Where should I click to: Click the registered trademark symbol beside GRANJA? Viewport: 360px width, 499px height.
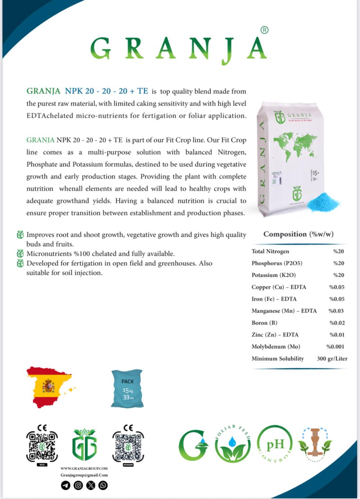coord(264,30)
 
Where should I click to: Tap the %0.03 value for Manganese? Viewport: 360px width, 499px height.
coord(336,311)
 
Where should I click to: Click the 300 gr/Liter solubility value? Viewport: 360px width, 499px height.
coord(332,359)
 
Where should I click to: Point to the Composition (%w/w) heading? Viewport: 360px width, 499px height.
coord(298,234)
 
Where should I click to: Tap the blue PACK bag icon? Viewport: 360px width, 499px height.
coord(127,389)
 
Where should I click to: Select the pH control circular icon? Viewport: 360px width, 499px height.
coord(275,444)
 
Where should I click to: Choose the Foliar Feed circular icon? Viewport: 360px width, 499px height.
coord(233,444)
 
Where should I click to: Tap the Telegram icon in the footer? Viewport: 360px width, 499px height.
coord(66,486)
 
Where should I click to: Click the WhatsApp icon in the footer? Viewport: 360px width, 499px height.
coord(103,486)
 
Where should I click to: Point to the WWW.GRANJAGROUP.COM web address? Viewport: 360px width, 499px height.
coord(84,468)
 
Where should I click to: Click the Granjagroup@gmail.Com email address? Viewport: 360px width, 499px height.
coord(84,475)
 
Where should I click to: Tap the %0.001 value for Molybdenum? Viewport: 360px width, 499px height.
coord(335,347)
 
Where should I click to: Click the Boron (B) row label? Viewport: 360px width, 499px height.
coord(264,323)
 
